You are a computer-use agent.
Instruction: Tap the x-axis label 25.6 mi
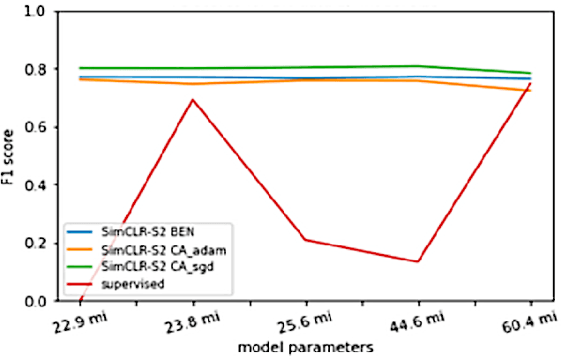303,323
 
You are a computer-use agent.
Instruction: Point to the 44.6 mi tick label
416,323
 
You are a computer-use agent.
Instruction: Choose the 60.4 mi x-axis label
529,323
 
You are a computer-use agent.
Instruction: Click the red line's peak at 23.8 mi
192,100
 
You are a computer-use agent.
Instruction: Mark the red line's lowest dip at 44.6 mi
418,261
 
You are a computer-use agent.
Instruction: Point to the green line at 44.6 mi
418,66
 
